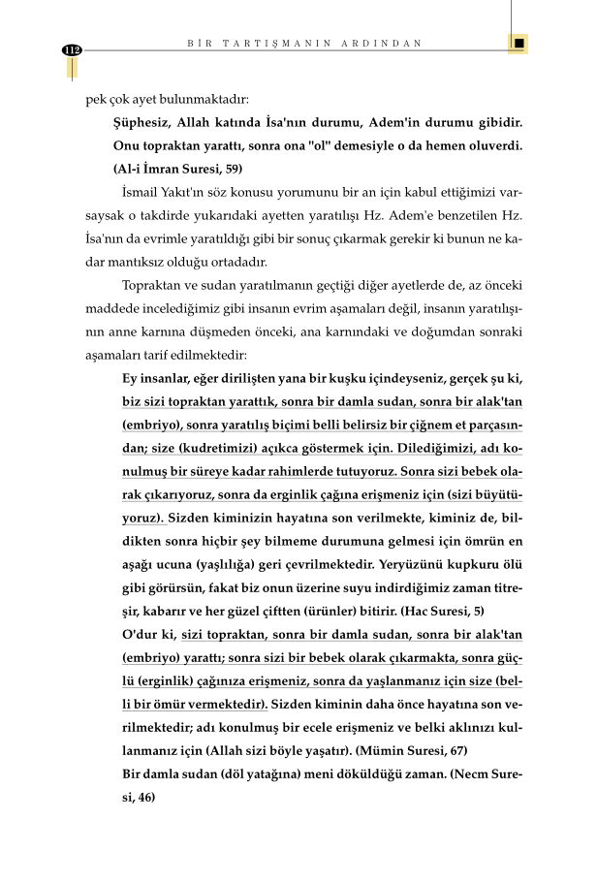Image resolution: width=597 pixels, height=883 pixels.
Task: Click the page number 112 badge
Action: tap(71, 50)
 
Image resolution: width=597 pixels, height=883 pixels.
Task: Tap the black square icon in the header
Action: tap(519, 44)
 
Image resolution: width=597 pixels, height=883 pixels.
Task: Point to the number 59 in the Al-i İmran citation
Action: tap(231, 168)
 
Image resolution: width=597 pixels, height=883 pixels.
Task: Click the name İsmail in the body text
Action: tap(145, 191)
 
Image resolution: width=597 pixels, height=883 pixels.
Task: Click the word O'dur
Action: tap(133, 634)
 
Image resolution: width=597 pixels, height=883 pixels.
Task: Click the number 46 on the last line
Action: tap(145, 796)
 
